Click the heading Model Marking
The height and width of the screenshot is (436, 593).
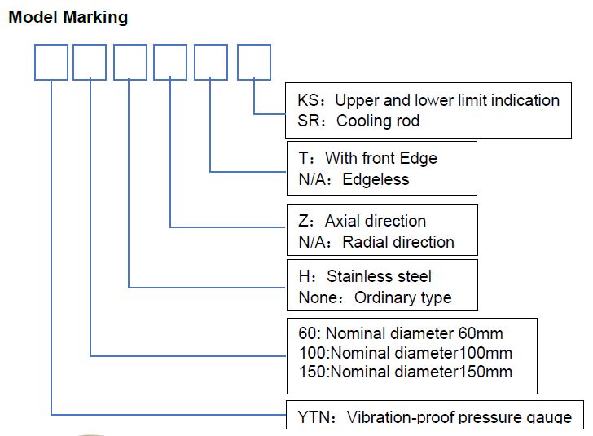68,17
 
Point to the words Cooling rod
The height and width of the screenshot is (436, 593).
378,121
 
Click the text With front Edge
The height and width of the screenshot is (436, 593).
381,158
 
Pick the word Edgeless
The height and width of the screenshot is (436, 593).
376,179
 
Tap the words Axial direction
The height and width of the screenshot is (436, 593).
376,221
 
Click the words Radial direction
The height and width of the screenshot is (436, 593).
398,242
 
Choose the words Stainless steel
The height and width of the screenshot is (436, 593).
379,276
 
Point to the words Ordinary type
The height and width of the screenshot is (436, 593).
402,297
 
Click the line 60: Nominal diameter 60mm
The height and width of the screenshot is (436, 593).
401,333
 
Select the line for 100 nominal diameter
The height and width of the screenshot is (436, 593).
406,353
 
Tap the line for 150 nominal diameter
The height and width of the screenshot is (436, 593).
406,372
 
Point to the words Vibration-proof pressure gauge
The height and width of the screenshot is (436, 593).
459,416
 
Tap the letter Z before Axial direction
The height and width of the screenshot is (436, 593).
303,221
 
